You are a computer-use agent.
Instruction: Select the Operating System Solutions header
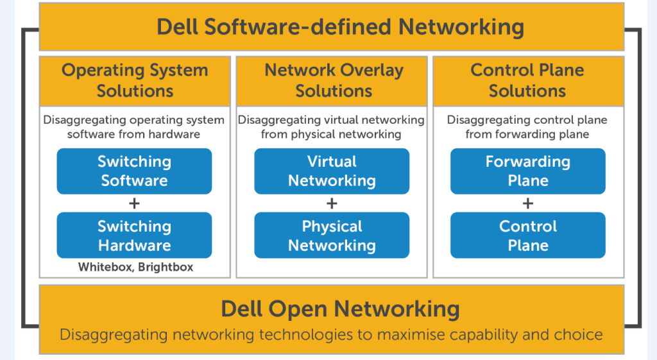pyautogui.click(x=135, y=81)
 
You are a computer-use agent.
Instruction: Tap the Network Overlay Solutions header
pyautogui.click(x=332, y=81)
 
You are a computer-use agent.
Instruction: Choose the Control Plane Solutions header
pyautogui.click(x=527, y=81)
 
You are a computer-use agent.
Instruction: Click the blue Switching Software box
pyautogui.click(x=134, y=171)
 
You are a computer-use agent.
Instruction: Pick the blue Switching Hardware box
pyautogui.click(x=134, y=236)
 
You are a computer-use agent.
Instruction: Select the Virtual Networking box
pyautogui.click(x=332, y=171)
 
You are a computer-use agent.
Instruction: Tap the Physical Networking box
pyautogui.click(x=332, y=236)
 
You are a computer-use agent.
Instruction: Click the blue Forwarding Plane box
pyautogui.click(x=527, y=171)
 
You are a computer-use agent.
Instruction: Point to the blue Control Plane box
pyautogui.click(x=527, y=236)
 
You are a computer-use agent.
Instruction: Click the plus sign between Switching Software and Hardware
pyautogui.click(x=134, y=203)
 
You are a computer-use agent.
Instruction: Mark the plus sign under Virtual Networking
pyautogui.click(x=332, y=203)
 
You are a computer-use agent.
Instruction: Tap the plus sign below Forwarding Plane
pyautogui.click(x=527, y=203)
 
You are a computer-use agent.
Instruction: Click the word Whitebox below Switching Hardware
pyautogui.click(x=105, y=267)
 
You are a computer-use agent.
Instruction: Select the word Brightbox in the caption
pyautogui.click(x=165, y=267)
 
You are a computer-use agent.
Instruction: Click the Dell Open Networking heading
pyautogui.click(x=340, y=309)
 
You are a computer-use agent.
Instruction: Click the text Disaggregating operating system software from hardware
pyautogui.click(x=134, y=127)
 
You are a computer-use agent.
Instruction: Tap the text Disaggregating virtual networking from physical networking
pyautogui.click(x=332, y=127)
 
